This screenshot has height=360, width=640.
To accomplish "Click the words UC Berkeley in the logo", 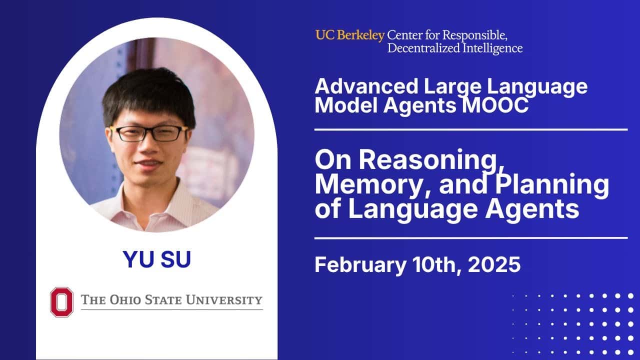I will click(x=349, y=35).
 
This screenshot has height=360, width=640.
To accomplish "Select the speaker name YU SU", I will click(x=156, y=259).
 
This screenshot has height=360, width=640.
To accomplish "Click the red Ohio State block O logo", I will click(x=61, y=301).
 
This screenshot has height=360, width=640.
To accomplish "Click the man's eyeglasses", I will click(x=149, y=133).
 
